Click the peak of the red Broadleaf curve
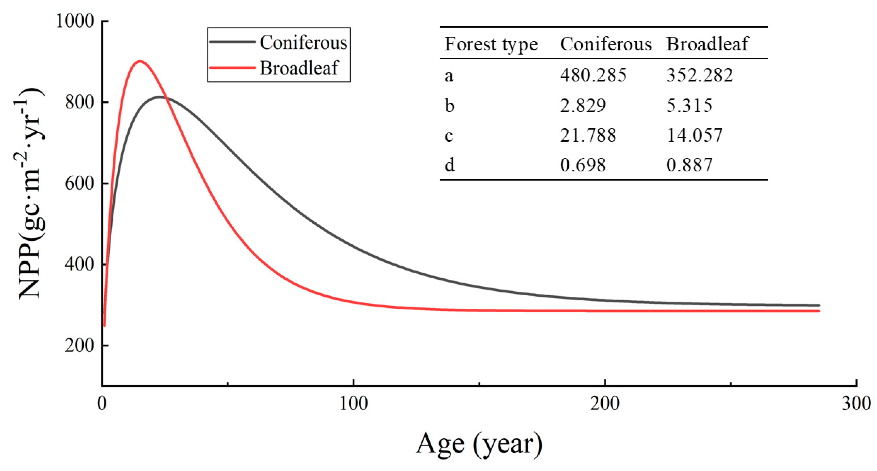(140, 61)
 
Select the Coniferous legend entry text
(303, 42)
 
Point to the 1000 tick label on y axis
(75, 21)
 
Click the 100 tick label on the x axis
(354, 404)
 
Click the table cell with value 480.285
(593, 75)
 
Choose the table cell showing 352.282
(699, 75)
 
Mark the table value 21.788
(588, 135)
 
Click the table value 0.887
(689, 165)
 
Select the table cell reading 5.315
(689, 105)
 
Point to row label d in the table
(449, 165)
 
